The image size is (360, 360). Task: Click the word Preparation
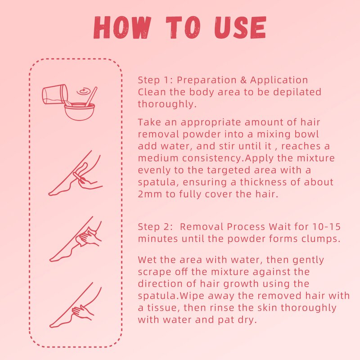(205, 80)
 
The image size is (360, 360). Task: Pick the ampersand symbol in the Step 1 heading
(242, 80)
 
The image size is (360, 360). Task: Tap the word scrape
(153, 272)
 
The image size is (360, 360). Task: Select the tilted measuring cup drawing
(54, 95)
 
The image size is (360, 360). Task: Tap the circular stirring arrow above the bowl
(82, 91)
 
